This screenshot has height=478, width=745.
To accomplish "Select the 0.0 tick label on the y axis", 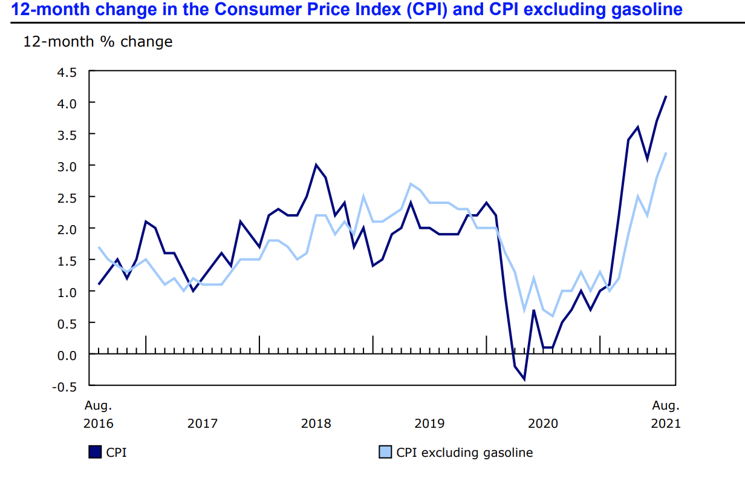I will [67, 355].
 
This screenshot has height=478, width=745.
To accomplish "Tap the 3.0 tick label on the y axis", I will [67, 166].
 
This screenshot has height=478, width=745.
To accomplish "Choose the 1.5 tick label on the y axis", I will [67, 260].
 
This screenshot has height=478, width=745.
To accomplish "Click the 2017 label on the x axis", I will [202, 423].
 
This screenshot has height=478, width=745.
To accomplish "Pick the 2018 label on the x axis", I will [316, 423].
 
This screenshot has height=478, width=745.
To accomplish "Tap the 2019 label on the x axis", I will [429, 423].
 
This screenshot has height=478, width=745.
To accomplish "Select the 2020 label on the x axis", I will [543, 423].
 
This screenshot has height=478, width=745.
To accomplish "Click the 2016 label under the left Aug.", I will [98, 423].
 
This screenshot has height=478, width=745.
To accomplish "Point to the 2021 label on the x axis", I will [665, 423].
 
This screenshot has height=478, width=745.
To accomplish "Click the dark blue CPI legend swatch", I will [95, 452].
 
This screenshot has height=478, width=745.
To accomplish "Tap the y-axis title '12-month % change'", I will [97, 42].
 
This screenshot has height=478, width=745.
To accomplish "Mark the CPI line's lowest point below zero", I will [524, 379].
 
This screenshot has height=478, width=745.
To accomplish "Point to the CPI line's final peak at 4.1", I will [666, 96].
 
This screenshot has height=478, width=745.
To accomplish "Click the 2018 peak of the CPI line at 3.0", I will [316, 165].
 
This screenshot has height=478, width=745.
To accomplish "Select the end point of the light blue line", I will [666, 152].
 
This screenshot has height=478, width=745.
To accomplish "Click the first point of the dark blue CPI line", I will [99, 284].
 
